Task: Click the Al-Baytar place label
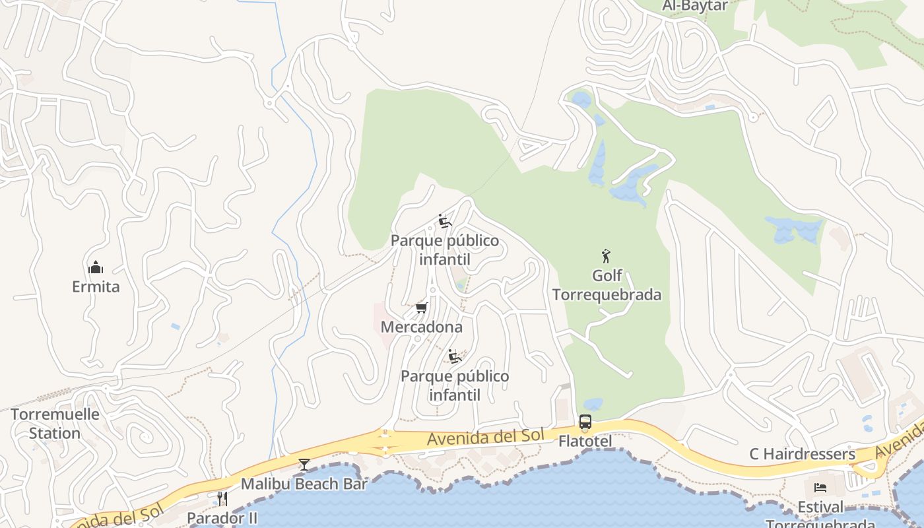[694, 6]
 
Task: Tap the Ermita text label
[96, 286]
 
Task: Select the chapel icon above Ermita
[96, 268]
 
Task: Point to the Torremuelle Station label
[55, 424]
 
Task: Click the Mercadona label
[422, 327]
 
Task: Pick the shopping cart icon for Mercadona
[422, 308]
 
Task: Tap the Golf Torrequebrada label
[607, 285]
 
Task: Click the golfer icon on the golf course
[606, 255]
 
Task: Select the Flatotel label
[585, 441]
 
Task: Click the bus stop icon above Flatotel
[585, 422]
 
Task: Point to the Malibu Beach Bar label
[304, 483]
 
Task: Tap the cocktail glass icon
[304, 465]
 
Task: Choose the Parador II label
[222, 517]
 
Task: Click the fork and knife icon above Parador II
[222, 498]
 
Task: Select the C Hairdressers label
[802, 454]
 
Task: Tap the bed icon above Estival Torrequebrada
[820, 488]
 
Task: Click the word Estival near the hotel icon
[820, 507]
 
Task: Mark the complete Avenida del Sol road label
[486, 437]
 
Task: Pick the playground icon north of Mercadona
[445, 221]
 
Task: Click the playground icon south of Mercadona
[455, 357]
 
